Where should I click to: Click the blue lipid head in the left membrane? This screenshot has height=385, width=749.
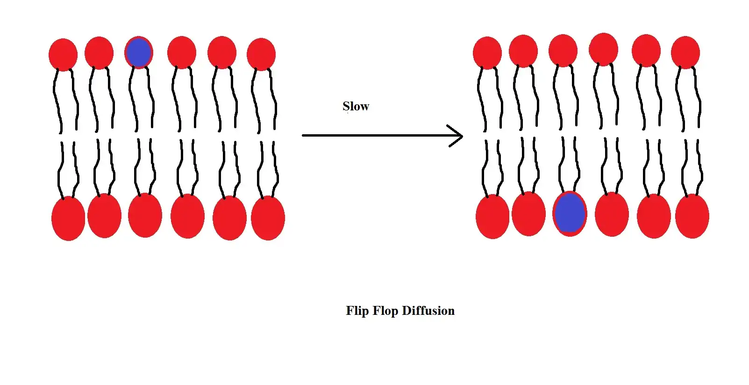pyautogui.click(x=139, y=52)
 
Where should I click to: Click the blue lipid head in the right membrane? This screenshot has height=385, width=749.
pyautogui.click(x=570, y=213)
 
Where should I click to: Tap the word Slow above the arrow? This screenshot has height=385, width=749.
pyautogui.click(x=356, y=107)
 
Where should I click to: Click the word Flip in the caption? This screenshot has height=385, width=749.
pyautogui.click(x=357, y=311)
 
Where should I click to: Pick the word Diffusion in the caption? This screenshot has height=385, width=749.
pyautogui.click(x=428, y=311)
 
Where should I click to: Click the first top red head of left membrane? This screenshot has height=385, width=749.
pyautogui.click(x=63, y=55)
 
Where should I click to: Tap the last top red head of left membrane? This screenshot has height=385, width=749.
pyautogui.click(x=261, y=54)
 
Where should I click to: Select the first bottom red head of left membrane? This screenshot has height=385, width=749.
pyautogui.click(x=68, y=218)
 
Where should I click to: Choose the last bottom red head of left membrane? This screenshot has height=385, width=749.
pyautogui.click(x=268, y=218)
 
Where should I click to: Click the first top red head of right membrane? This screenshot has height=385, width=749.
pyautogui.click(x=487, y=53)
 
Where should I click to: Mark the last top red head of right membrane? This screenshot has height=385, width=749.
pyautogui.click(x=685, y=52)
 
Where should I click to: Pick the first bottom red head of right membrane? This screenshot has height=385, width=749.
pyautogui.click(x=492, y=217)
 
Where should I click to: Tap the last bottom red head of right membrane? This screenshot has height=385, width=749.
pyautogui.click(x=692, y=216)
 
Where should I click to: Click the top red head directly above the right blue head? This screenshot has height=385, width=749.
pyautogui.click(x=563, y=51)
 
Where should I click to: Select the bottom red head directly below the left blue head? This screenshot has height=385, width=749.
pyautogui.click(x=145, y=215)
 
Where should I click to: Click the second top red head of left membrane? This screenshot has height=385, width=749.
pyautogui.click(x=99, y=53)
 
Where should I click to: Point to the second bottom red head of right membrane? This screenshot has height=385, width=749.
pyautogui.click(x=528, y=214)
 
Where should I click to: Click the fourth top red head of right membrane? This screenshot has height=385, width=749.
pyautogui.click(x=604, y=49)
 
